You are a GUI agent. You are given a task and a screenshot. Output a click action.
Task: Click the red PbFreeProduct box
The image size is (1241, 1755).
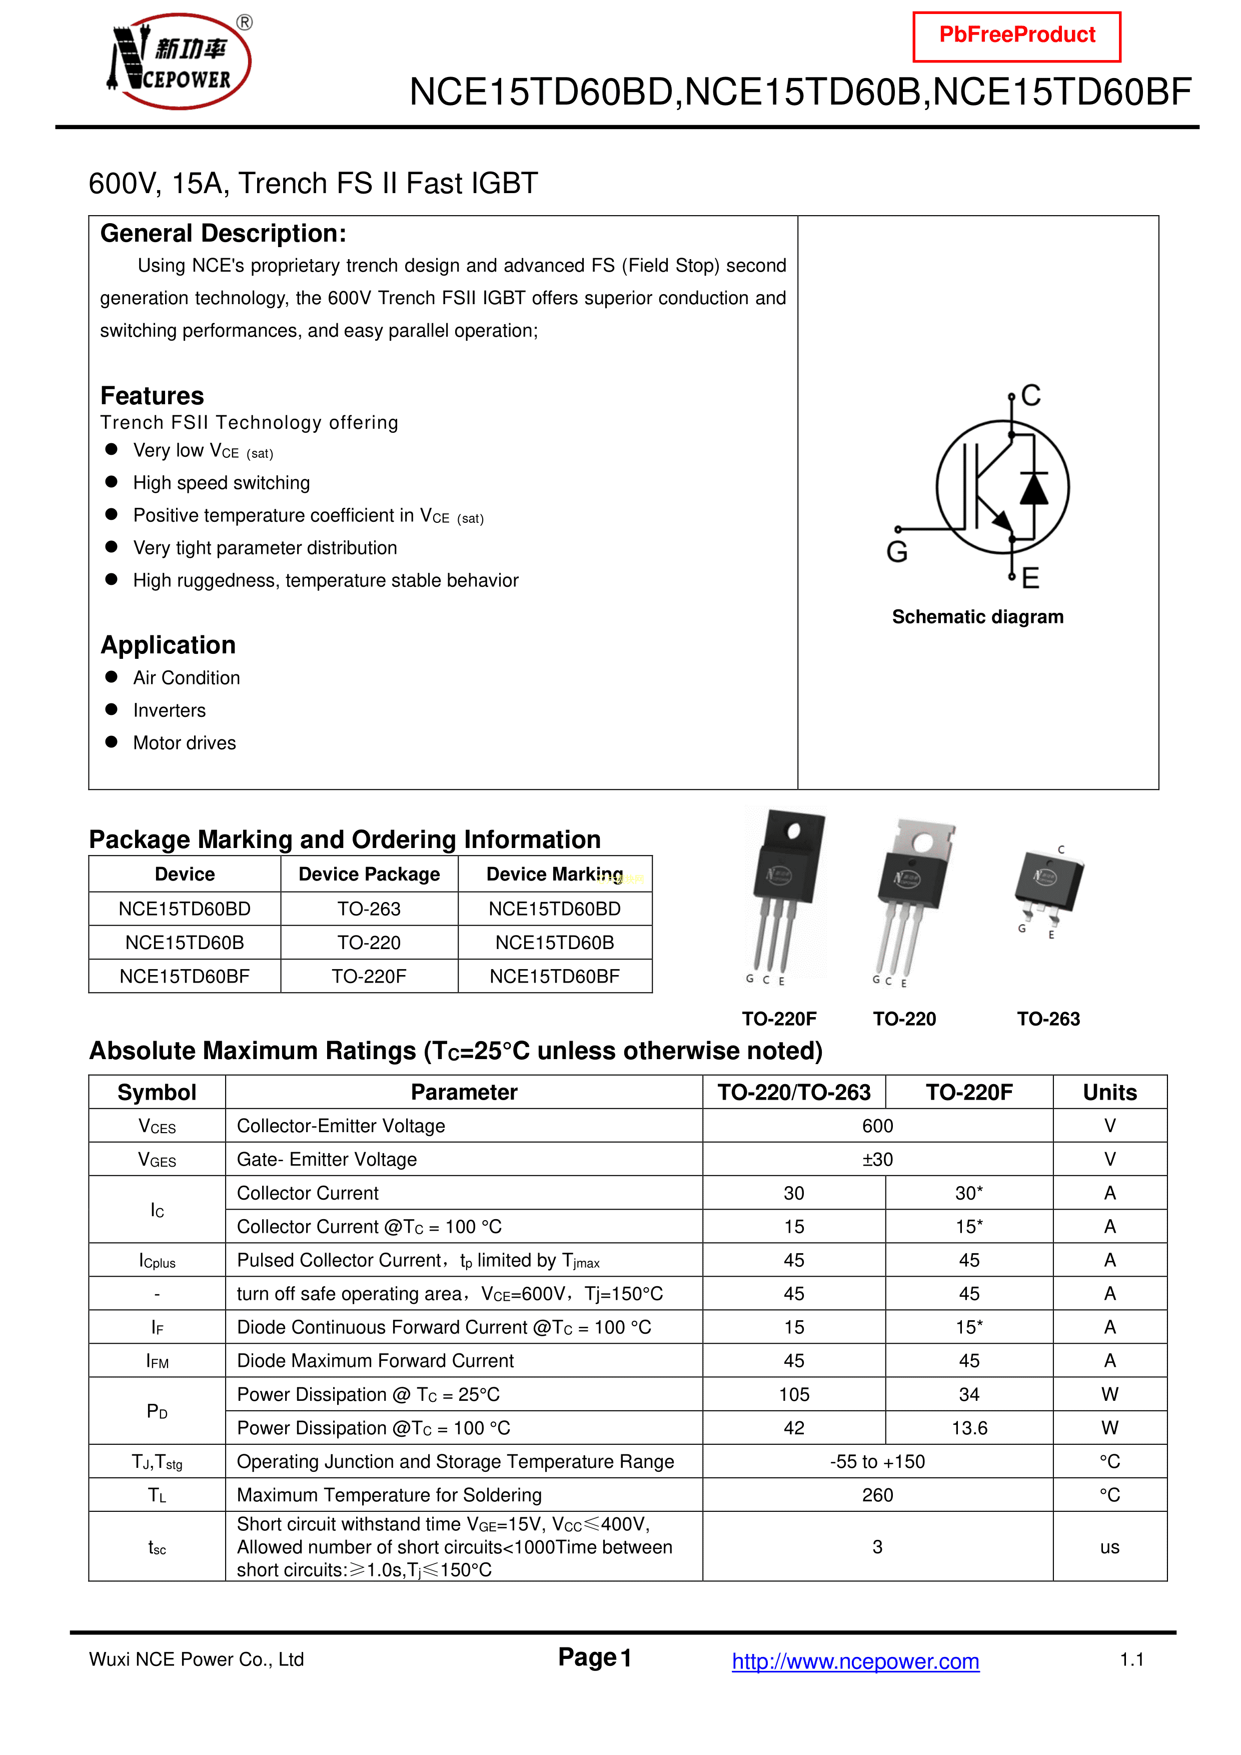(1016, 36)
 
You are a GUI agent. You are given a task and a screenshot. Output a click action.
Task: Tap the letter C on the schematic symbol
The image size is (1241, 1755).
(1031, 396)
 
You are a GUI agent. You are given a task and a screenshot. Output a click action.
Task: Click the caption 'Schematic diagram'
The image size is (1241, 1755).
(977, 617)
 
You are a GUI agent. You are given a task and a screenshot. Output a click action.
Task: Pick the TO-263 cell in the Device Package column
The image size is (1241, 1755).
(369, 909)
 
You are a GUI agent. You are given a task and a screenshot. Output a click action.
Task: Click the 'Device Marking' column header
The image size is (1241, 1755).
(555, 873)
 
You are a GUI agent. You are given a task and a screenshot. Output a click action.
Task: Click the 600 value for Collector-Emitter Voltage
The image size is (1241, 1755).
(877, 1126)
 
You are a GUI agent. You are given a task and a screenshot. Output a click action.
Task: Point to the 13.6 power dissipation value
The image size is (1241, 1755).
(969, 1428)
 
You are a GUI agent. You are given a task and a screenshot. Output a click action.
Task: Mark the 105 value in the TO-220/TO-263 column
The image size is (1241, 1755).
(794, 1394)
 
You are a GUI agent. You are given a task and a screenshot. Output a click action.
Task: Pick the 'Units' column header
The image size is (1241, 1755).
(1109, 1092)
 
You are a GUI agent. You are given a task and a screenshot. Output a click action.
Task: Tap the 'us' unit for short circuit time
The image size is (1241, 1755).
(1109, 1547)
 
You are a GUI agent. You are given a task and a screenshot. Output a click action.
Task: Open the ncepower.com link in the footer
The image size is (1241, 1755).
(855, 1661)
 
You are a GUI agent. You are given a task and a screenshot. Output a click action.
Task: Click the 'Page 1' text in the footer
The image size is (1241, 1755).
(595, 1657)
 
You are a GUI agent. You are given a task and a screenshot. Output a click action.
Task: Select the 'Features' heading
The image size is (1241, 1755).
(152, 396)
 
